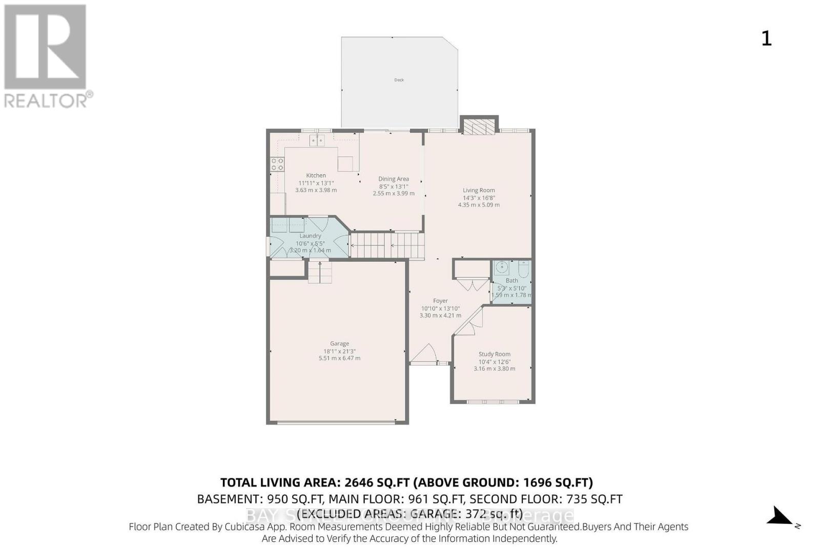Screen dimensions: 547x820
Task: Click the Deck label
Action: click(399, 80)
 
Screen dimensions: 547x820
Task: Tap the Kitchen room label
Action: click(316, 175)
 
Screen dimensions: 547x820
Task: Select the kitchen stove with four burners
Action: click(277, 164)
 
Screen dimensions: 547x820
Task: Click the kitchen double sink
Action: click(317, 140)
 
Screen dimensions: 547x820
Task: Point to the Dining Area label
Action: click(394, 179)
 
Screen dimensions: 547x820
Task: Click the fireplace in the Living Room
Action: click(479, 127)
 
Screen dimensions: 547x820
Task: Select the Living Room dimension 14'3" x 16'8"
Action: click(479, 198)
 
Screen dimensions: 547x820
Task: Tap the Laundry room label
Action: click(310, 236)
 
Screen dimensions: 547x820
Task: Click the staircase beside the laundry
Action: click(387, 245)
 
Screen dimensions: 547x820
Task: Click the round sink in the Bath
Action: click(501, 267)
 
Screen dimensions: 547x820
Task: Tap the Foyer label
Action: click(440, 301)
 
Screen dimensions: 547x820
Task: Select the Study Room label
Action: click(494, 354)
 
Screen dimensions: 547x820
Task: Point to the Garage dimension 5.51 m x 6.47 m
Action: click(339, 358)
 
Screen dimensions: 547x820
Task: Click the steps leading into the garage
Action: click(320, 272)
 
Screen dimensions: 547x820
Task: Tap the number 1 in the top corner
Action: click(766, 38)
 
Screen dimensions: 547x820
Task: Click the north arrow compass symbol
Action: click(781, 516)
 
